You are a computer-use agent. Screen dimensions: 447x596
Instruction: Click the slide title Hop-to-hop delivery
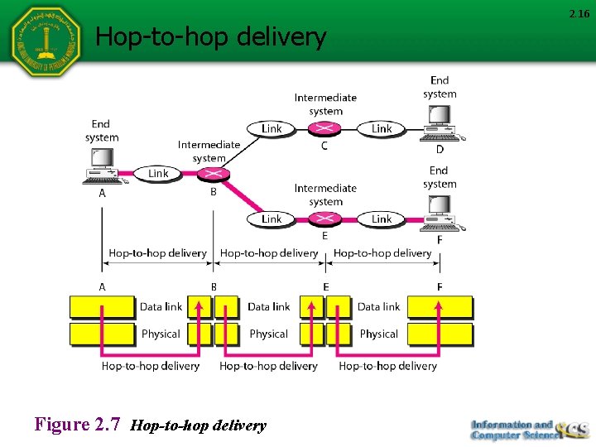pyautogui.click(x=211, y=36)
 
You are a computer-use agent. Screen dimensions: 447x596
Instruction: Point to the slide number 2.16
pyautogui.click(x=578, y=13)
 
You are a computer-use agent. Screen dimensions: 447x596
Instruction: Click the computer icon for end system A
pyautogui.click(x=102, y=166)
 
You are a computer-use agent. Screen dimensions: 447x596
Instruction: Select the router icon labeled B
pyautogui.click(x=213, y=174)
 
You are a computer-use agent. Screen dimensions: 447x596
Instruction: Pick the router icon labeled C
pyautogui.click(x=324, y=128)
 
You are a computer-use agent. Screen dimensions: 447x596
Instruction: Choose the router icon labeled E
pyautogui.click(x=324, y=219)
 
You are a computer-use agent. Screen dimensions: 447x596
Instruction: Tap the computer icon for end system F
pyautogui.click(x=440, y=214)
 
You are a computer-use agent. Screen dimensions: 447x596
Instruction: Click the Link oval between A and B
pyautogui.click(x=158, y=174)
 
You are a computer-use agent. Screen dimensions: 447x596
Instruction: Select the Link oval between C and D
pyautogui.click(x=382, y=128)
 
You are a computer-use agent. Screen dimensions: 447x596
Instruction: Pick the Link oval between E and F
pyautogui.click(x=382, y=219)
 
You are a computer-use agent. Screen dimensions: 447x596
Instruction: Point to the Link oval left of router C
pyautogui.click(x=272, y=128)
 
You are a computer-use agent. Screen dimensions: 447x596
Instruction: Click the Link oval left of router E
pyautogui.click(x=272, y=219)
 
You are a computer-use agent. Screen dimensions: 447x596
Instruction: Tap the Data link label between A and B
pyautogui.click(x=161, y=307)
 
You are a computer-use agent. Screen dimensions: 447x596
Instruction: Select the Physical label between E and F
pyautogui.click(x=379, y=334)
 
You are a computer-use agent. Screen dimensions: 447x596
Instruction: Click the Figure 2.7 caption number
pyautogui.click(x=78, y=425)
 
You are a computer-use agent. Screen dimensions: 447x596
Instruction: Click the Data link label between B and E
pyautogui.click(x=269, y=307)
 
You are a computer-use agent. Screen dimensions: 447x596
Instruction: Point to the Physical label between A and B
pyautogui.click(x=161, y=334)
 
